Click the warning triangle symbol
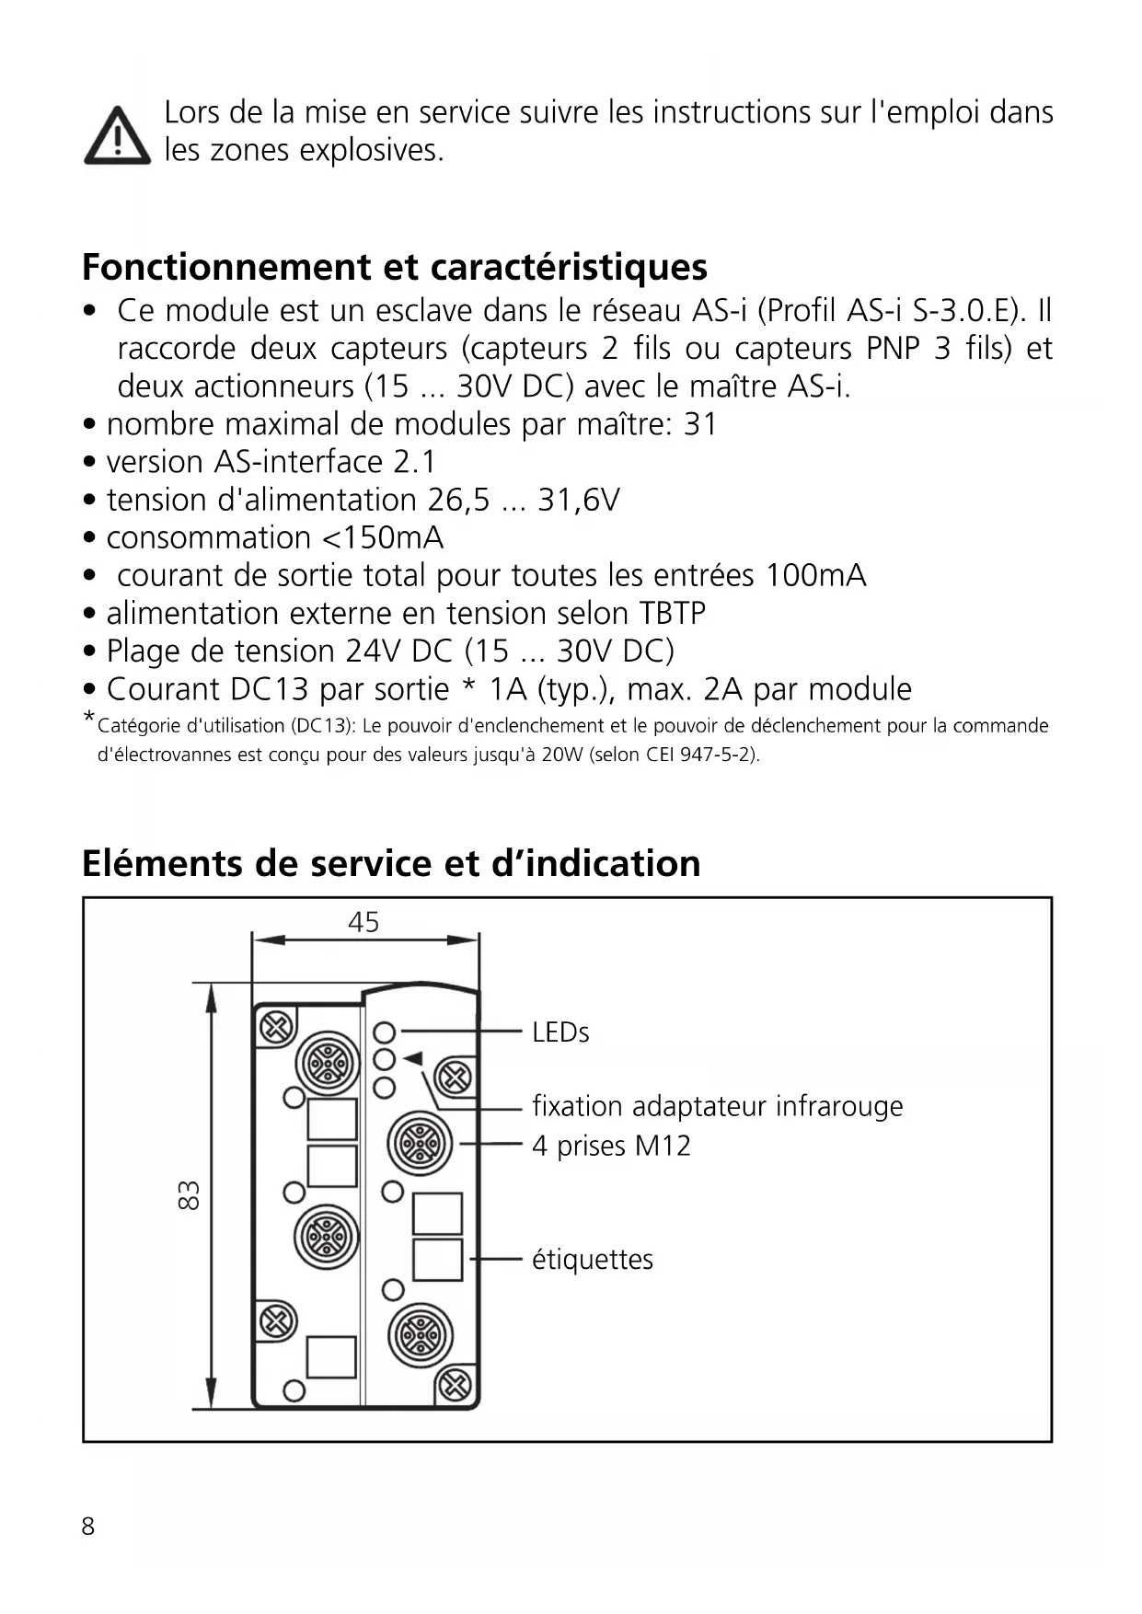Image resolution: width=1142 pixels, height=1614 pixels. [117, 136]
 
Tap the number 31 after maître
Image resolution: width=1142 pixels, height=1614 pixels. [700, 424]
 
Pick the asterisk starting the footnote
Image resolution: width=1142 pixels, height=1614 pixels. [89, 718]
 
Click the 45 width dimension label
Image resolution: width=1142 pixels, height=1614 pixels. [363, 922]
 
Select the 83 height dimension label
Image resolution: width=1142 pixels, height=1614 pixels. [189, 1195]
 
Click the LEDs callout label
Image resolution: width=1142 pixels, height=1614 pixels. [560, 1032]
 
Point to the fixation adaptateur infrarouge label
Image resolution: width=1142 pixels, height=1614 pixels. [717, 1105]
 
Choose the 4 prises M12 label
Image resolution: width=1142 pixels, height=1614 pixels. [611, 1146]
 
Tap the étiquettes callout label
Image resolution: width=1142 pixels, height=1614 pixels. [593, 1259]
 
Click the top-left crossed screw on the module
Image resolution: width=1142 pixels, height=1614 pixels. [275, 1027]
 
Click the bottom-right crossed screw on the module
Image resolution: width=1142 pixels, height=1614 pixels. [455, 1384]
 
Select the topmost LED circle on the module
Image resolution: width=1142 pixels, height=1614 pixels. [385, 1032]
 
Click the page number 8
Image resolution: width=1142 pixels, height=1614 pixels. [88, 1527]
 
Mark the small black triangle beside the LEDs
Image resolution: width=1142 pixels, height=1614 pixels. [412, 1058]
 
